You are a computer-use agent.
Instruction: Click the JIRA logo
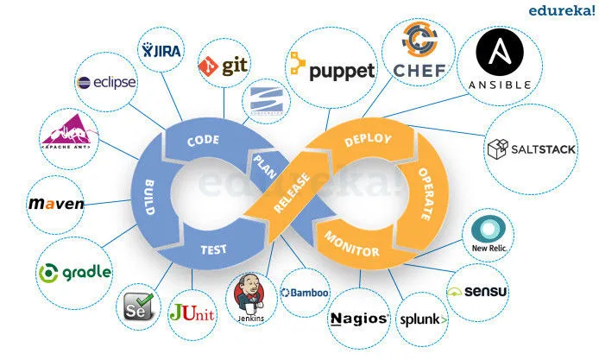[161, 50]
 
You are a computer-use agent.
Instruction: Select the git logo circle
[224, 66]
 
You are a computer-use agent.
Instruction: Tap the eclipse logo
[107, 83]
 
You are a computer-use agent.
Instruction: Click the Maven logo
[56, 205]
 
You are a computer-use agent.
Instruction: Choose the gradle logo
[75, 272]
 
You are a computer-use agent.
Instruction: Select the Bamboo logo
[305, 293]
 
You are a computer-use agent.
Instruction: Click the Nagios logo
[358, 318]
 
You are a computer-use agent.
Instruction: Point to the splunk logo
[423, 319]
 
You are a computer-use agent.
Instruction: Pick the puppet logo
[331, 68]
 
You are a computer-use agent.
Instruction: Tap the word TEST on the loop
[212, 250]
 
